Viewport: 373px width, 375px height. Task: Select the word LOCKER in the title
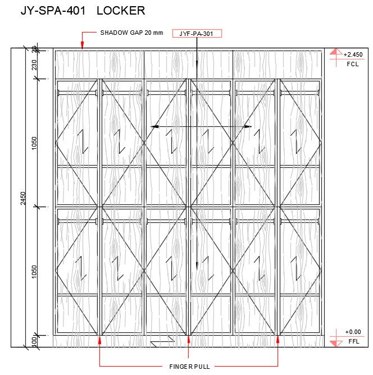click(120, 10)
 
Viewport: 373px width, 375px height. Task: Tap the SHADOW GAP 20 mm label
click(131, 33)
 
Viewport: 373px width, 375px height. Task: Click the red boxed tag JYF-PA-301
click(197, 34)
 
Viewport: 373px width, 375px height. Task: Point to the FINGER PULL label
click(189, 367)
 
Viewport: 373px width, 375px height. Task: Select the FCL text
click(352, 64)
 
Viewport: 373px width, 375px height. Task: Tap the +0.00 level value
click(353, 332)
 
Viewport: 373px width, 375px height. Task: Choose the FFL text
click(353, 341)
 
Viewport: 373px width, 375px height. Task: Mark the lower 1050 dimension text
click(34, 272)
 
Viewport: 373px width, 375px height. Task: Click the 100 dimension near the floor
click(34, 341)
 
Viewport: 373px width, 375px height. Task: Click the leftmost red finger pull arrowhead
click(99, 339)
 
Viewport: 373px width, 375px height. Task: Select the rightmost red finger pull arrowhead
click(278, 339)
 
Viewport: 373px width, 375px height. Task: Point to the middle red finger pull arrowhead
click(189, 339)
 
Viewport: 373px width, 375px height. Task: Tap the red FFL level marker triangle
click(335, 342)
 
